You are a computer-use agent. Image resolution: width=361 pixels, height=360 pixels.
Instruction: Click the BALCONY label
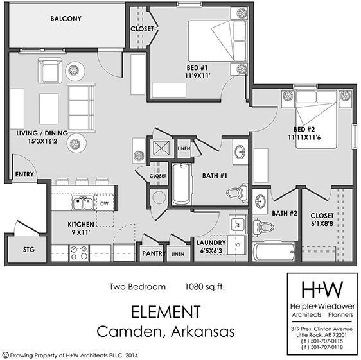point(66,19)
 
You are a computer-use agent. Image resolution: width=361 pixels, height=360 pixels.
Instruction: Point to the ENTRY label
point(24,174)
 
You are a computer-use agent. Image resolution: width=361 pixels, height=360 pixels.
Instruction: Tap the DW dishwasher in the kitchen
point(105,204)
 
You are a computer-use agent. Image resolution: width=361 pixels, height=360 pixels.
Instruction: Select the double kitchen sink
point(82,204)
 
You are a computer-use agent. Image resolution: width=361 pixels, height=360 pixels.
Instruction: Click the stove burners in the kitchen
point(79,253)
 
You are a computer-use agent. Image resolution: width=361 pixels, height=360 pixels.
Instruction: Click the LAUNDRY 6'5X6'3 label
point(211,246)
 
